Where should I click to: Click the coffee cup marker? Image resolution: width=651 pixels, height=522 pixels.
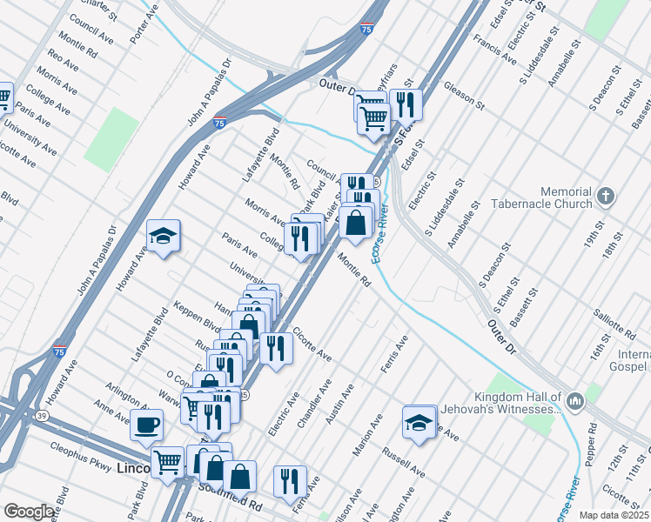tap(146, 425)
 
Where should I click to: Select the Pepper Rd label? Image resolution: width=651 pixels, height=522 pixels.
tap(594, 441)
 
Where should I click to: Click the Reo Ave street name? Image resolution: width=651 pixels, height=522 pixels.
tap(64, 66)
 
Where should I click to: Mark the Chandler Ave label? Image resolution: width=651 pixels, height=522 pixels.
tap(316, 398)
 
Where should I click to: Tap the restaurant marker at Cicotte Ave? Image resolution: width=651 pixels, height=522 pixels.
tap(276, 348)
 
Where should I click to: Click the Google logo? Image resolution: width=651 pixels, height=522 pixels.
tap(29, 512)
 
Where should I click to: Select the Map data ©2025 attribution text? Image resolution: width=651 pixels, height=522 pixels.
tap(614, 515)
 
